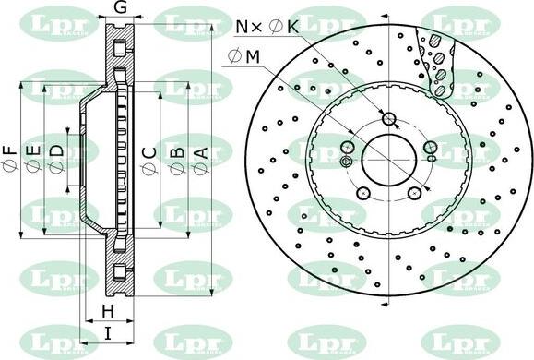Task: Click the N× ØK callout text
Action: [x=268, y=28]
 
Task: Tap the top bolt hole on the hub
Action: [x=389, y=118]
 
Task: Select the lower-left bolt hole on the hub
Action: [x=363, y=193]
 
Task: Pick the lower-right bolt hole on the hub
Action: [x=416, y=193]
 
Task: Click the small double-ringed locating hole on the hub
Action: [x=346, y=162]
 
